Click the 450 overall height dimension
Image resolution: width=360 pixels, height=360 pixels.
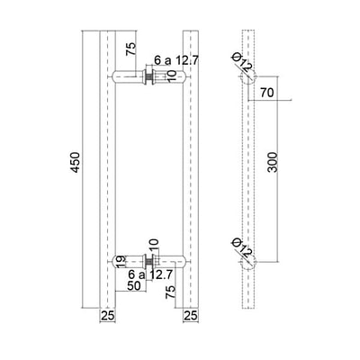coord(76,162)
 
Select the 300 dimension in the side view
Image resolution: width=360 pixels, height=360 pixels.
coord(273,162)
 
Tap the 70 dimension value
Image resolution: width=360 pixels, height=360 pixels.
coord(267,93)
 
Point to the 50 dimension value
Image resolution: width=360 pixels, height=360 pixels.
coord(134,285)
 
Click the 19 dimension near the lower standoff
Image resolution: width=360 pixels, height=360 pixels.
coord(120,262)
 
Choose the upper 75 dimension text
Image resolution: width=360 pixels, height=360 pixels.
coord(130,49)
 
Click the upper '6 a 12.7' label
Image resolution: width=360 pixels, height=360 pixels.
coord(176,60)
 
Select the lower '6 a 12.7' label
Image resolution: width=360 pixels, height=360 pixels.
coord(150,274)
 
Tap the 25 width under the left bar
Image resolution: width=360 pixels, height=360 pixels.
coord(108,316)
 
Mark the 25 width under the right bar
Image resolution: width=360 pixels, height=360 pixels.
coord(191,316)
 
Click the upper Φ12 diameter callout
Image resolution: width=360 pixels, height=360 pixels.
coord(242,62)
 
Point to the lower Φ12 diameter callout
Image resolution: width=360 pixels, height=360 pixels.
coord(242,247)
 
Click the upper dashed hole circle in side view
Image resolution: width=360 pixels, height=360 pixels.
coord(248,76)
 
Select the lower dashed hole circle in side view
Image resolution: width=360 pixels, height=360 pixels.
coord(248,262)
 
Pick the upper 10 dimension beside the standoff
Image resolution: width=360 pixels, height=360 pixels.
coord(171,76)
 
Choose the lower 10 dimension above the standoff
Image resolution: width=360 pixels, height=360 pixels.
coord(153,245)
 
